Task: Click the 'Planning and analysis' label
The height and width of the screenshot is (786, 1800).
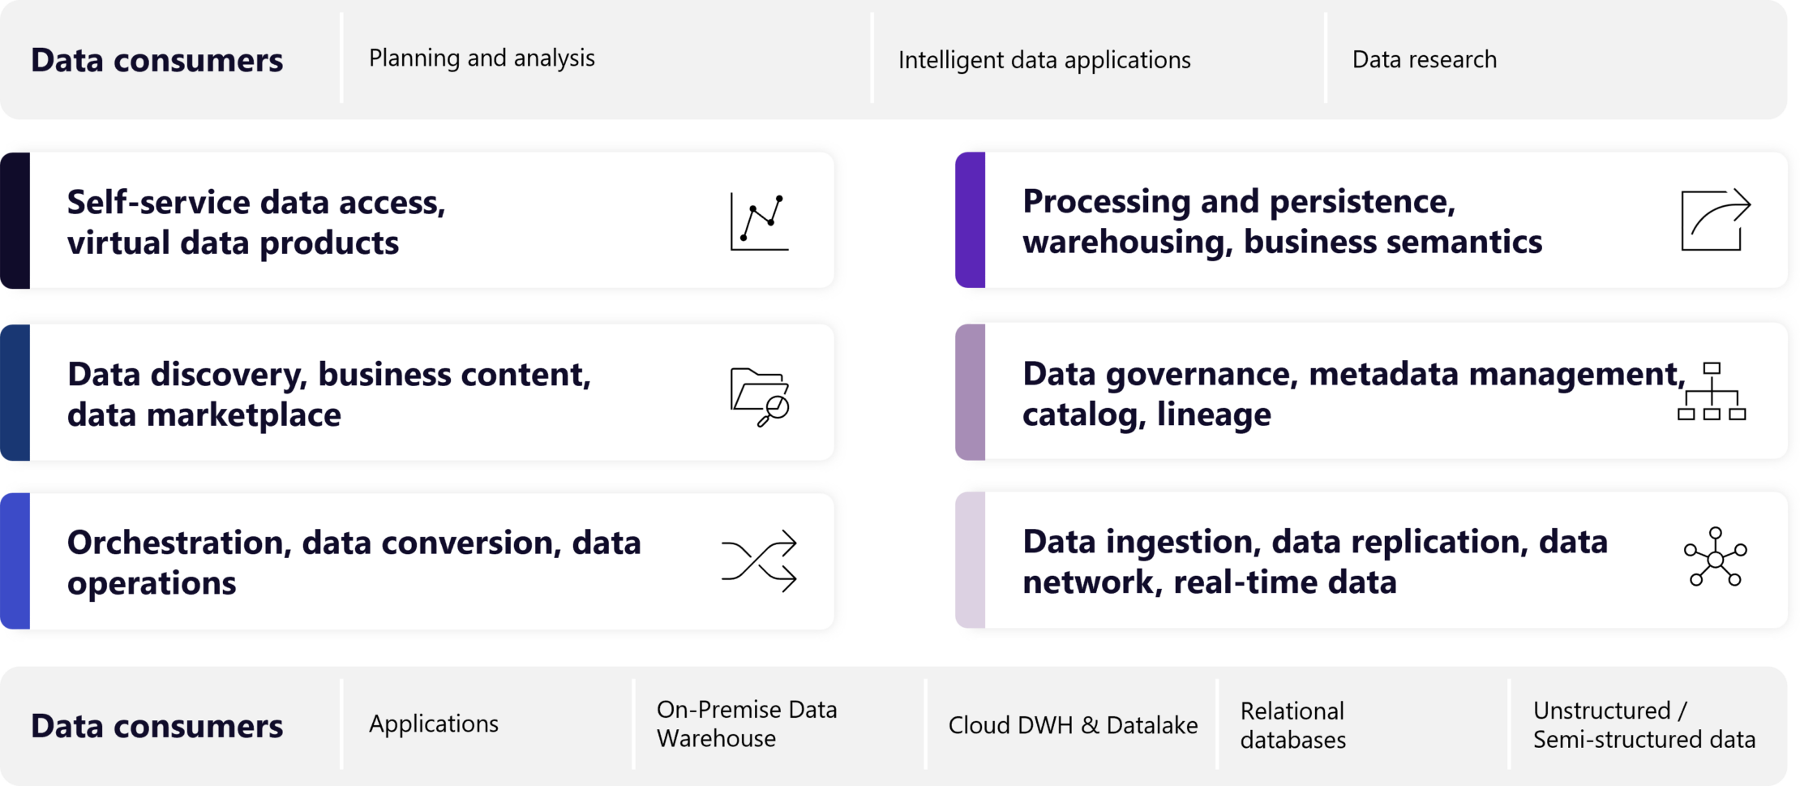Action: point(482,58)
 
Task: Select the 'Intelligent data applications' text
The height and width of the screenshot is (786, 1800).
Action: point(1044,60)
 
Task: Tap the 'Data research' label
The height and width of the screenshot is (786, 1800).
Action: point(1425,59)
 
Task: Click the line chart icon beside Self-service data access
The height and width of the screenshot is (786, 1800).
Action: point(760,221)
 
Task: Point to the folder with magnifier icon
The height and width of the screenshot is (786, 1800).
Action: point(760,397)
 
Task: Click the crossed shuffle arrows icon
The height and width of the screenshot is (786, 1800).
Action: point(759,561)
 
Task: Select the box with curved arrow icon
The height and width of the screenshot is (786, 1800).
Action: point(1715,220)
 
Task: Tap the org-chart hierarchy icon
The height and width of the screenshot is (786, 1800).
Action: point(1711,392)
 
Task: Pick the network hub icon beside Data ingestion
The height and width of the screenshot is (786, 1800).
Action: point(1715,557)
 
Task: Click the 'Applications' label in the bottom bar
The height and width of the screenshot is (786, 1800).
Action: point(434,724)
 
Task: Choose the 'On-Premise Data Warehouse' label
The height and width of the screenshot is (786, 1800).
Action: point(746,724)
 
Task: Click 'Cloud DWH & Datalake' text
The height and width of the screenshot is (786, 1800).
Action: point(1073,725)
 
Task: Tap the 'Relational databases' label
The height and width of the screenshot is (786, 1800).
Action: point(1293,725)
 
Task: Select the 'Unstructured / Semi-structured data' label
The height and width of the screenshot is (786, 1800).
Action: point(1644,724)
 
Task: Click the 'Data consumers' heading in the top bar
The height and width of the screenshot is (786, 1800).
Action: point(157,61)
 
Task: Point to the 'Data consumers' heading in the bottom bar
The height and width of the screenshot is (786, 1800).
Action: point(157,727)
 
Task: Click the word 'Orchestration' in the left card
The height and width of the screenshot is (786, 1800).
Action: point(178,543)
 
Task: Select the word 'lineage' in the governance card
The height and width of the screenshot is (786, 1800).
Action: point(1214,414)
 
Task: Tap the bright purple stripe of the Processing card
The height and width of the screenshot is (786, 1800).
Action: point(971,220)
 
